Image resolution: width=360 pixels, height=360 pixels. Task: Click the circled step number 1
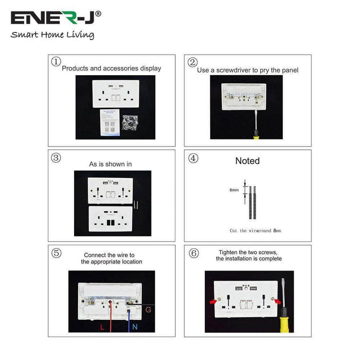coord(56,62)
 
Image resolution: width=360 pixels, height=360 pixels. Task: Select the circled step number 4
coord(193,158)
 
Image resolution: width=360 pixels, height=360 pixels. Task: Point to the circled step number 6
coord(193,253)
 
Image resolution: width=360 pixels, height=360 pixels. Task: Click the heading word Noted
coord(247,161)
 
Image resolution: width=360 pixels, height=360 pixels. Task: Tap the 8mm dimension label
coord(233,190)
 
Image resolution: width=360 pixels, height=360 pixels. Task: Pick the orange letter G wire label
coord(148,310)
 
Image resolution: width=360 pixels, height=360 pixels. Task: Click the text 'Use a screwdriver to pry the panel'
coord(247,70)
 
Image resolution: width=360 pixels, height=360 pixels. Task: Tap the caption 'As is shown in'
coord(111,164)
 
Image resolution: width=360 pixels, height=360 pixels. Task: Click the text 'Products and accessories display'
coord(112,68)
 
